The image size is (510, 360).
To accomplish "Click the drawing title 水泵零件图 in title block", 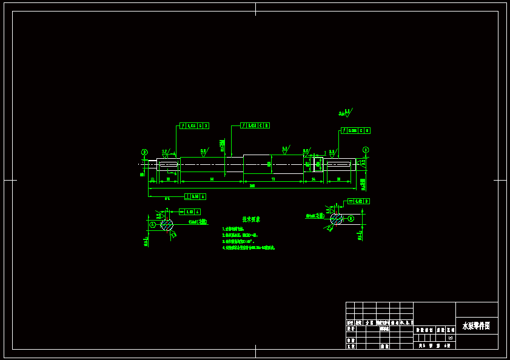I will (476, 325).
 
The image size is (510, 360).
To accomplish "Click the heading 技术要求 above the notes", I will (251, 219).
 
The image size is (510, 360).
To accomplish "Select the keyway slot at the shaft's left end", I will (168, 164).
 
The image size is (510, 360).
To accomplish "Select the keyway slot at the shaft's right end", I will (338, 164).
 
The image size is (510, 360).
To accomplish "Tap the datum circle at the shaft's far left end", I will (144, 152).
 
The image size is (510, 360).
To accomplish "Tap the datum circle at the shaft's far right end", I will (366, 150).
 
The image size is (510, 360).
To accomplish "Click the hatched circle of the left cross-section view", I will (167, 225).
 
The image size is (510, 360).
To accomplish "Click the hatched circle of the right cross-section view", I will (336, 219).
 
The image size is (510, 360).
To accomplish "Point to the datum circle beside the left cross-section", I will (153, 225).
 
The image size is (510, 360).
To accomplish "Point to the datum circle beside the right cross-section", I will (351, 218).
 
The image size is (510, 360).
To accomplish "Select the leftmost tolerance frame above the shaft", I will (194, 125).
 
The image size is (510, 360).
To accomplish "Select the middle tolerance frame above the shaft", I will (255, 125).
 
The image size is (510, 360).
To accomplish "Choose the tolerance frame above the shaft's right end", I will (355, 130).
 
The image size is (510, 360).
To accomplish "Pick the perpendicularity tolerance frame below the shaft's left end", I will (195, 196).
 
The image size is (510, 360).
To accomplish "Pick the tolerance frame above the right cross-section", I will (358, 201).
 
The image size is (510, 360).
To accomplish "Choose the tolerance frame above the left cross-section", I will (190, 212).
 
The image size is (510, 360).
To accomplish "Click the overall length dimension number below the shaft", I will (252, 185).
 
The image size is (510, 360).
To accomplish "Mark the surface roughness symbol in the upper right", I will (346, 112).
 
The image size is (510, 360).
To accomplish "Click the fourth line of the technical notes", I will (249, 247).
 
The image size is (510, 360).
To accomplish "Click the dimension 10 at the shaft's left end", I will (152, 179).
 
